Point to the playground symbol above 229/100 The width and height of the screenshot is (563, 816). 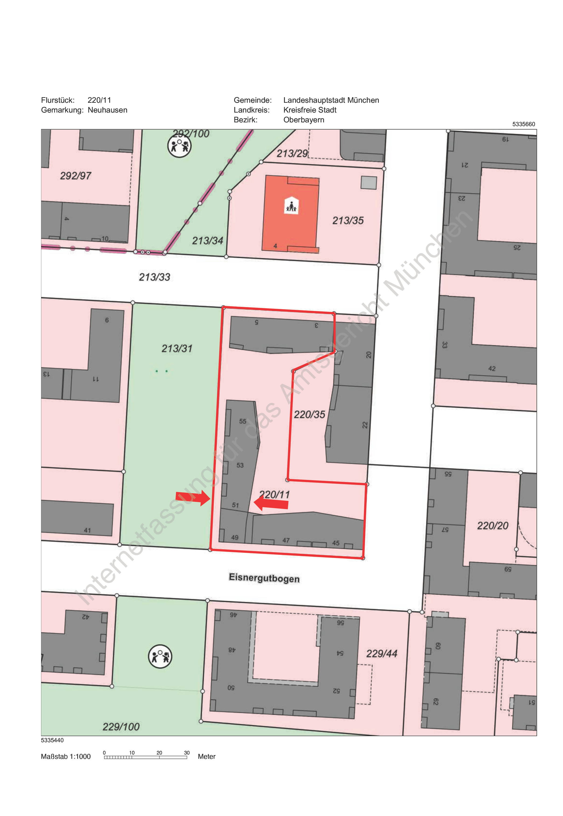(x=160, y=656)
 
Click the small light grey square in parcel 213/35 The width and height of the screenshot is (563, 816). (x=369, y=183)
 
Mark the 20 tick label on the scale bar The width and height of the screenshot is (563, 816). (x=159, y=752)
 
